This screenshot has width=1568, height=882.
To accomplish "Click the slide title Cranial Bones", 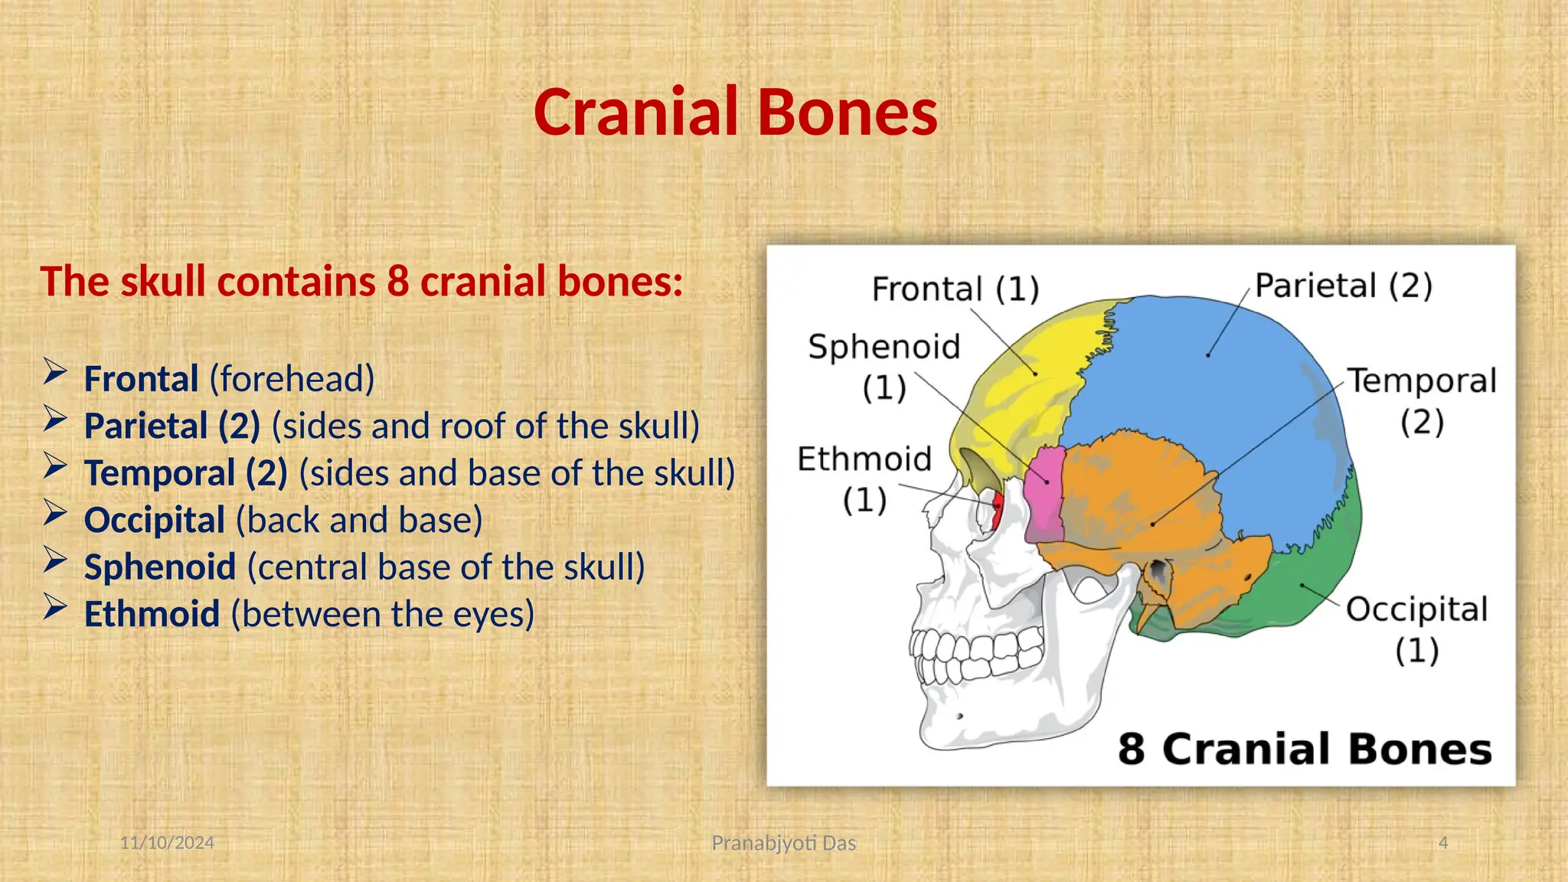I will [735, 113].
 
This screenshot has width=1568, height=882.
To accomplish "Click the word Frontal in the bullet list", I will [141, 379].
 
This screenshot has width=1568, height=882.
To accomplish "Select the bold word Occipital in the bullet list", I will [154, 520].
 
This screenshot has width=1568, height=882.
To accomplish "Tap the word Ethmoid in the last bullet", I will [152, 614].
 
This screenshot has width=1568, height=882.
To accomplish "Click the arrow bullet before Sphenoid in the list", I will [55, 561].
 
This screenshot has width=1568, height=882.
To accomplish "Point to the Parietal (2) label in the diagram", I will [1343, 286].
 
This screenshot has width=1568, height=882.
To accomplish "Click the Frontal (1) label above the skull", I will [955, 289].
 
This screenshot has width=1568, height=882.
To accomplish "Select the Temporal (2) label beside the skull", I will [1421, 400].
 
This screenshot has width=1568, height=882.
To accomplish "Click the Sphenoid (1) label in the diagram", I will [884, 366].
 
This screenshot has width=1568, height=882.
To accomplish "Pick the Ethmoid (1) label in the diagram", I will [864, 479].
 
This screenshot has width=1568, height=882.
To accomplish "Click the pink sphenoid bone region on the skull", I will [1045, 494].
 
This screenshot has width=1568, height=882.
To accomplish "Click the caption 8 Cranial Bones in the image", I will [1304, 749].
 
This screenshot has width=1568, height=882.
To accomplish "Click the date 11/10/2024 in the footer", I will [167, 843].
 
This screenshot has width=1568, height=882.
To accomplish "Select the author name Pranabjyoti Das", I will [783, 843].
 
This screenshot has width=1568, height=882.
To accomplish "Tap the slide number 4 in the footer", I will [1443, 843].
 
